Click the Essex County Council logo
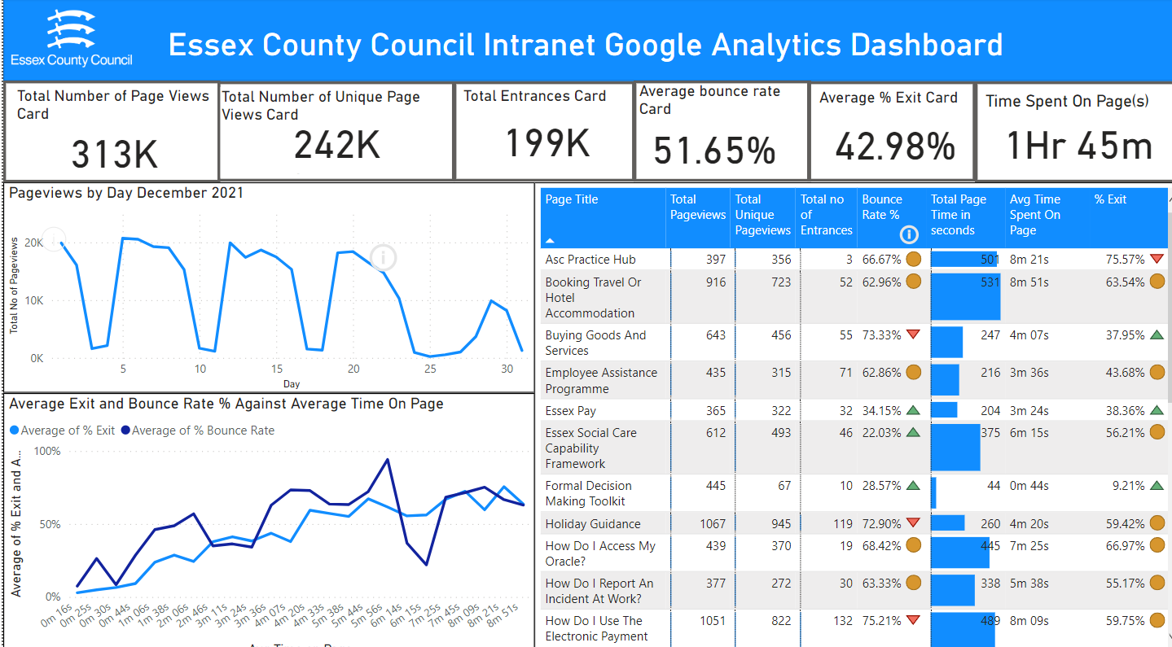(x=72, y=39)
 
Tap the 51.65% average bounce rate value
(x=714, y=151)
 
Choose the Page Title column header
(x=572, y=199)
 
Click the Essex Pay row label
(x=571, y=411)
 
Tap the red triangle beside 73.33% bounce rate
(x=913, y=334)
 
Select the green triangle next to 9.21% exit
(x=1157, y=486)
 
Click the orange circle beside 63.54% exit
(x=1157, y=282)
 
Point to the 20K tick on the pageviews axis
(x=33, y=243)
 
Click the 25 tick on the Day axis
(x=429, y=369)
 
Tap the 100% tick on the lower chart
(x=46, y=451)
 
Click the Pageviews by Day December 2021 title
(x=126, y=193)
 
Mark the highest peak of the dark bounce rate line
(x=387, y=460)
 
